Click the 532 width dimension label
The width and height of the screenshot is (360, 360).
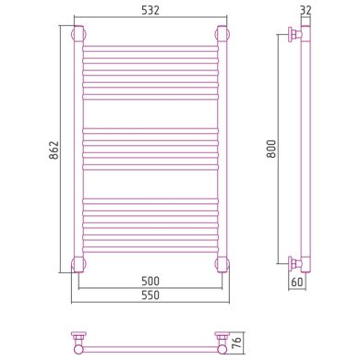click(x=150, y=10)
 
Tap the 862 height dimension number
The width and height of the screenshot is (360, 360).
click(x=54, y=150)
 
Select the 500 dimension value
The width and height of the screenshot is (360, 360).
click(x=150, y=281)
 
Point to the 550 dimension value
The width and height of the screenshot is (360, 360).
click(x=150, y=295)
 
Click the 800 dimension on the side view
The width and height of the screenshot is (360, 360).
click(x=271, y=149)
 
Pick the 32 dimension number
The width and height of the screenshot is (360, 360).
click(x=306, y=10)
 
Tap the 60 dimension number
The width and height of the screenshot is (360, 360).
click(x=297, y=282)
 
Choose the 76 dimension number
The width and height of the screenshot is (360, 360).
click(x=236, y=342)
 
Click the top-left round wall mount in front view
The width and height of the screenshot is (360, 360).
click(x=78, y=34)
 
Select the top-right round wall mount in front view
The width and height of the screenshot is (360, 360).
click(x=222, y=34)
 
